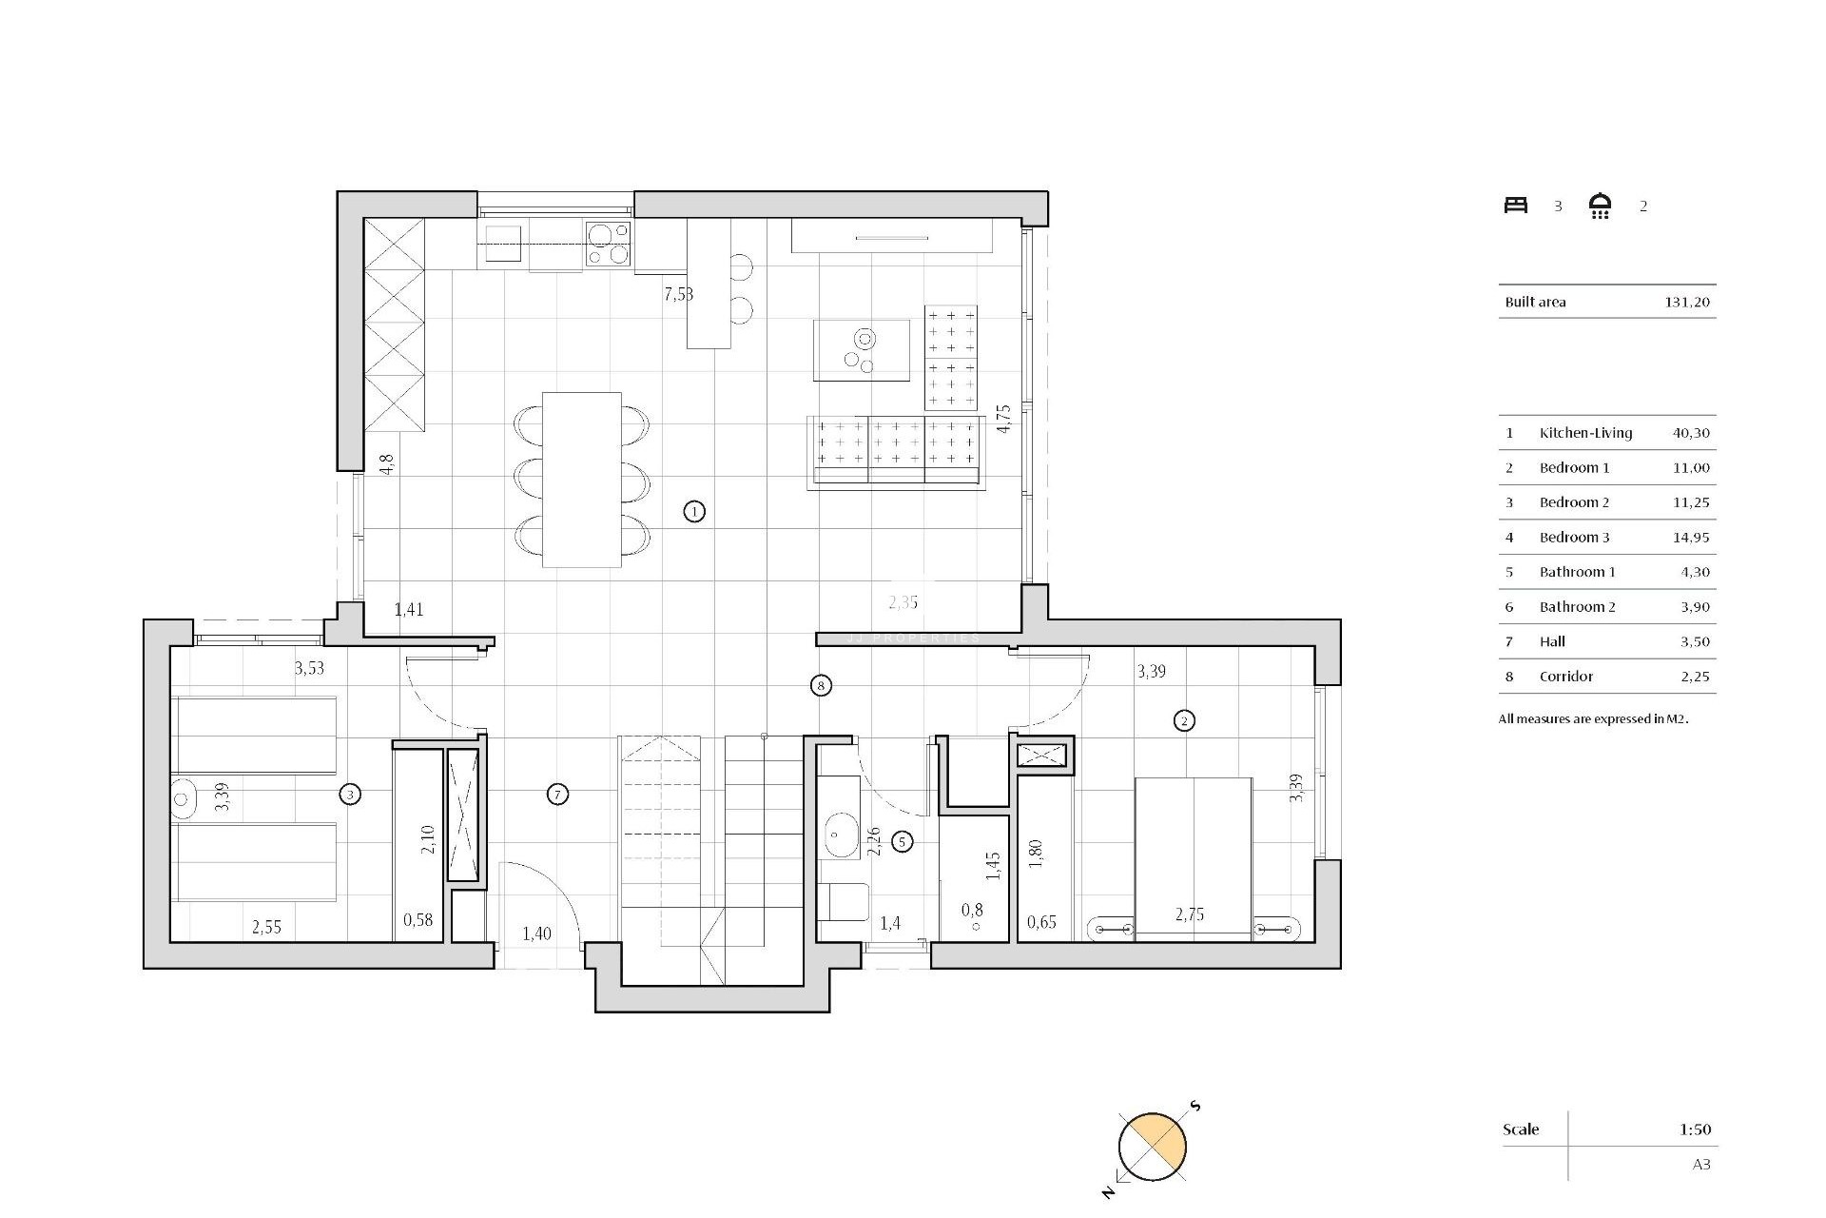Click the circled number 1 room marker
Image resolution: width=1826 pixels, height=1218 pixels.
(694, 512)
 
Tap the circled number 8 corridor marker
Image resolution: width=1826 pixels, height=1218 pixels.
(821, 685)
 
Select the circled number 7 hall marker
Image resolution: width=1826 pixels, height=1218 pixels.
(558, 795)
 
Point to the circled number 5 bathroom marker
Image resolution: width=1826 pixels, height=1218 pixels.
(903, 841)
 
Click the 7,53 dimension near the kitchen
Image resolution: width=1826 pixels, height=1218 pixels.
(678, 294)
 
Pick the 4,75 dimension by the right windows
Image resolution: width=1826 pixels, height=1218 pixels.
(1003, 419)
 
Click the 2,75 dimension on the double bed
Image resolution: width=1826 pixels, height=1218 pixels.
(1190, 914)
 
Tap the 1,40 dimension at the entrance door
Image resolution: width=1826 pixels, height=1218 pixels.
(536, 933)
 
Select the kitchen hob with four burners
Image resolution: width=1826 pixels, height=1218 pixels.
(608, 243)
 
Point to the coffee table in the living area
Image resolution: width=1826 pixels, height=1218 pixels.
(862, 349)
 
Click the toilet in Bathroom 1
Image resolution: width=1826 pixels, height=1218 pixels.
(845, 902)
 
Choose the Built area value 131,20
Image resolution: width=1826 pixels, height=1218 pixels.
(1687, 303)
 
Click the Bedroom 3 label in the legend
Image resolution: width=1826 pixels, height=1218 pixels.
(1574, 538)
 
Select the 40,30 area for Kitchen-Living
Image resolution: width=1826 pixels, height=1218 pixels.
(1691, 433)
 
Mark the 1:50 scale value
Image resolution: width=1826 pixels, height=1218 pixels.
(1695, 1130)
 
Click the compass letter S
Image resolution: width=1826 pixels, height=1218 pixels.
(1195, 1107)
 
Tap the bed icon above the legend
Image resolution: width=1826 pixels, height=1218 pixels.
(1516, 205)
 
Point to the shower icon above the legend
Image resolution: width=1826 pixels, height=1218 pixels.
(1601, 206)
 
